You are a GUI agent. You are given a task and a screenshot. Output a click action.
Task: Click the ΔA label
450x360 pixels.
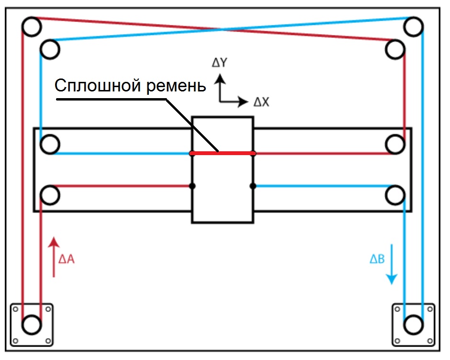(x=66, y=259)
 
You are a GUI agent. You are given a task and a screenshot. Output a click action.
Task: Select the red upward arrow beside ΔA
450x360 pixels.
(x=55, y=256)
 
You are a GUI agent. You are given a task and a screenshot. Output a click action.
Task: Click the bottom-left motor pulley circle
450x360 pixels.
(x=31, y=324)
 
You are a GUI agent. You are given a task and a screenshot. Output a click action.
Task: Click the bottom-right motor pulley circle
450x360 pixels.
(x=413, y=324)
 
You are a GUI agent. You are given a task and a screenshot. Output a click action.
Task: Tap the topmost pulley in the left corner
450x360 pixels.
(x=32, y=27)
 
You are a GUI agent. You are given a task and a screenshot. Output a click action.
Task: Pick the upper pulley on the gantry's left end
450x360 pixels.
(x=50, y=144)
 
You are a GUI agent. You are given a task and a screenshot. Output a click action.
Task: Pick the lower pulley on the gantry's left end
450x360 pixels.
(x=50, y=195)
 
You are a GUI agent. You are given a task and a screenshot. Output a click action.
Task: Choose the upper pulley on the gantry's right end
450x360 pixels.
(x=395, y=144)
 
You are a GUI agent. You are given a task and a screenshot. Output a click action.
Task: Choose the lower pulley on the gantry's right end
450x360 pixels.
(x=395, y=195)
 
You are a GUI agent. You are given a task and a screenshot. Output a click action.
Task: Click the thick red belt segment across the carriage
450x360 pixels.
(x=222, y=153)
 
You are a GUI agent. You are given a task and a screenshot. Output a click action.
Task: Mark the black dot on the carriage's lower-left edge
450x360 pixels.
(x=192, y=185)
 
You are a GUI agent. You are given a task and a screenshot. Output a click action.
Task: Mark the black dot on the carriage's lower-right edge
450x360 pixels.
(x=253, y=185)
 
